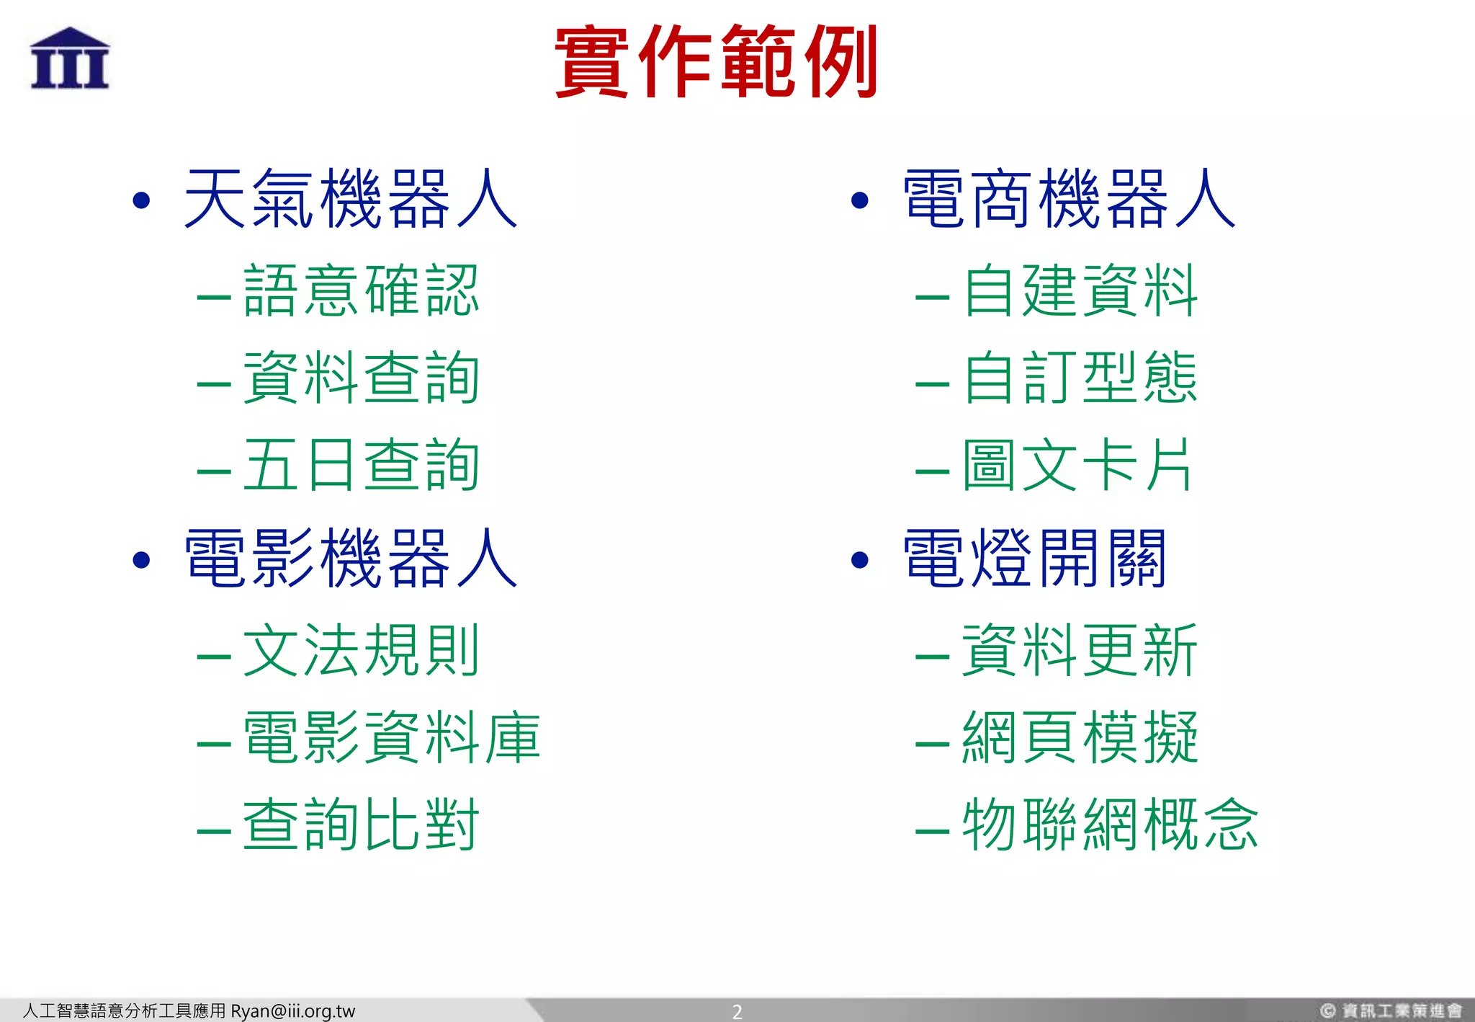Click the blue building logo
(70, 58)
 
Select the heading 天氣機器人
(351, 198)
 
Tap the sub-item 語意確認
(361, 290)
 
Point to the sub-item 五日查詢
(361, 465)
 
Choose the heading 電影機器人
(351, 558)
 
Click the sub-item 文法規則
(361, 650)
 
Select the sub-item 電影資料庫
(391, 737)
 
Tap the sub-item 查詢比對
(361, 825)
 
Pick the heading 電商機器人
(1070, 198)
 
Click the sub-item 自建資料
(1080, 290)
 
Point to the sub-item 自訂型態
(1080, 378)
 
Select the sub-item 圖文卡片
(1077, 465)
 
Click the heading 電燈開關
(1035, 558)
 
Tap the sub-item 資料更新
(1080, 650)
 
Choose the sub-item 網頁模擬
(1080, 737)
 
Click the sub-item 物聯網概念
(1110, 825)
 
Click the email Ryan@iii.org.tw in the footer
(292, 1011)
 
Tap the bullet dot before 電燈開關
(859, 560)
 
